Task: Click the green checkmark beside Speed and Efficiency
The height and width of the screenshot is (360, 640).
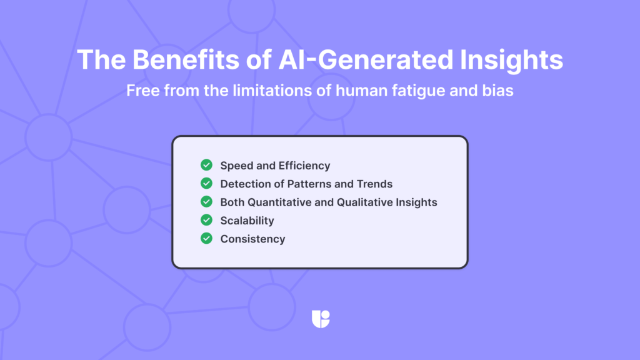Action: click(206, 166)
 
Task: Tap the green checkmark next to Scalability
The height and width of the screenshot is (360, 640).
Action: click(206, 220)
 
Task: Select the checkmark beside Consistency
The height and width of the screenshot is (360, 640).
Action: click(206, 238)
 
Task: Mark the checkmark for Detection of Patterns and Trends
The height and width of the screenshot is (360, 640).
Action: click(206, 184)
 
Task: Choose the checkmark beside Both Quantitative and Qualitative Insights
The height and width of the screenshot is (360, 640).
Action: click(206, 202)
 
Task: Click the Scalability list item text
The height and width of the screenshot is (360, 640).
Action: click(247, 221)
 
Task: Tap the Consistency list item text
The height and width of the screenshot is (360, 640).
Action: click(252, 239)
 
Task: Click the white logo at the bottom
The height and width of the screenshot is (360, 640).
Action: click(320, 319)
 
